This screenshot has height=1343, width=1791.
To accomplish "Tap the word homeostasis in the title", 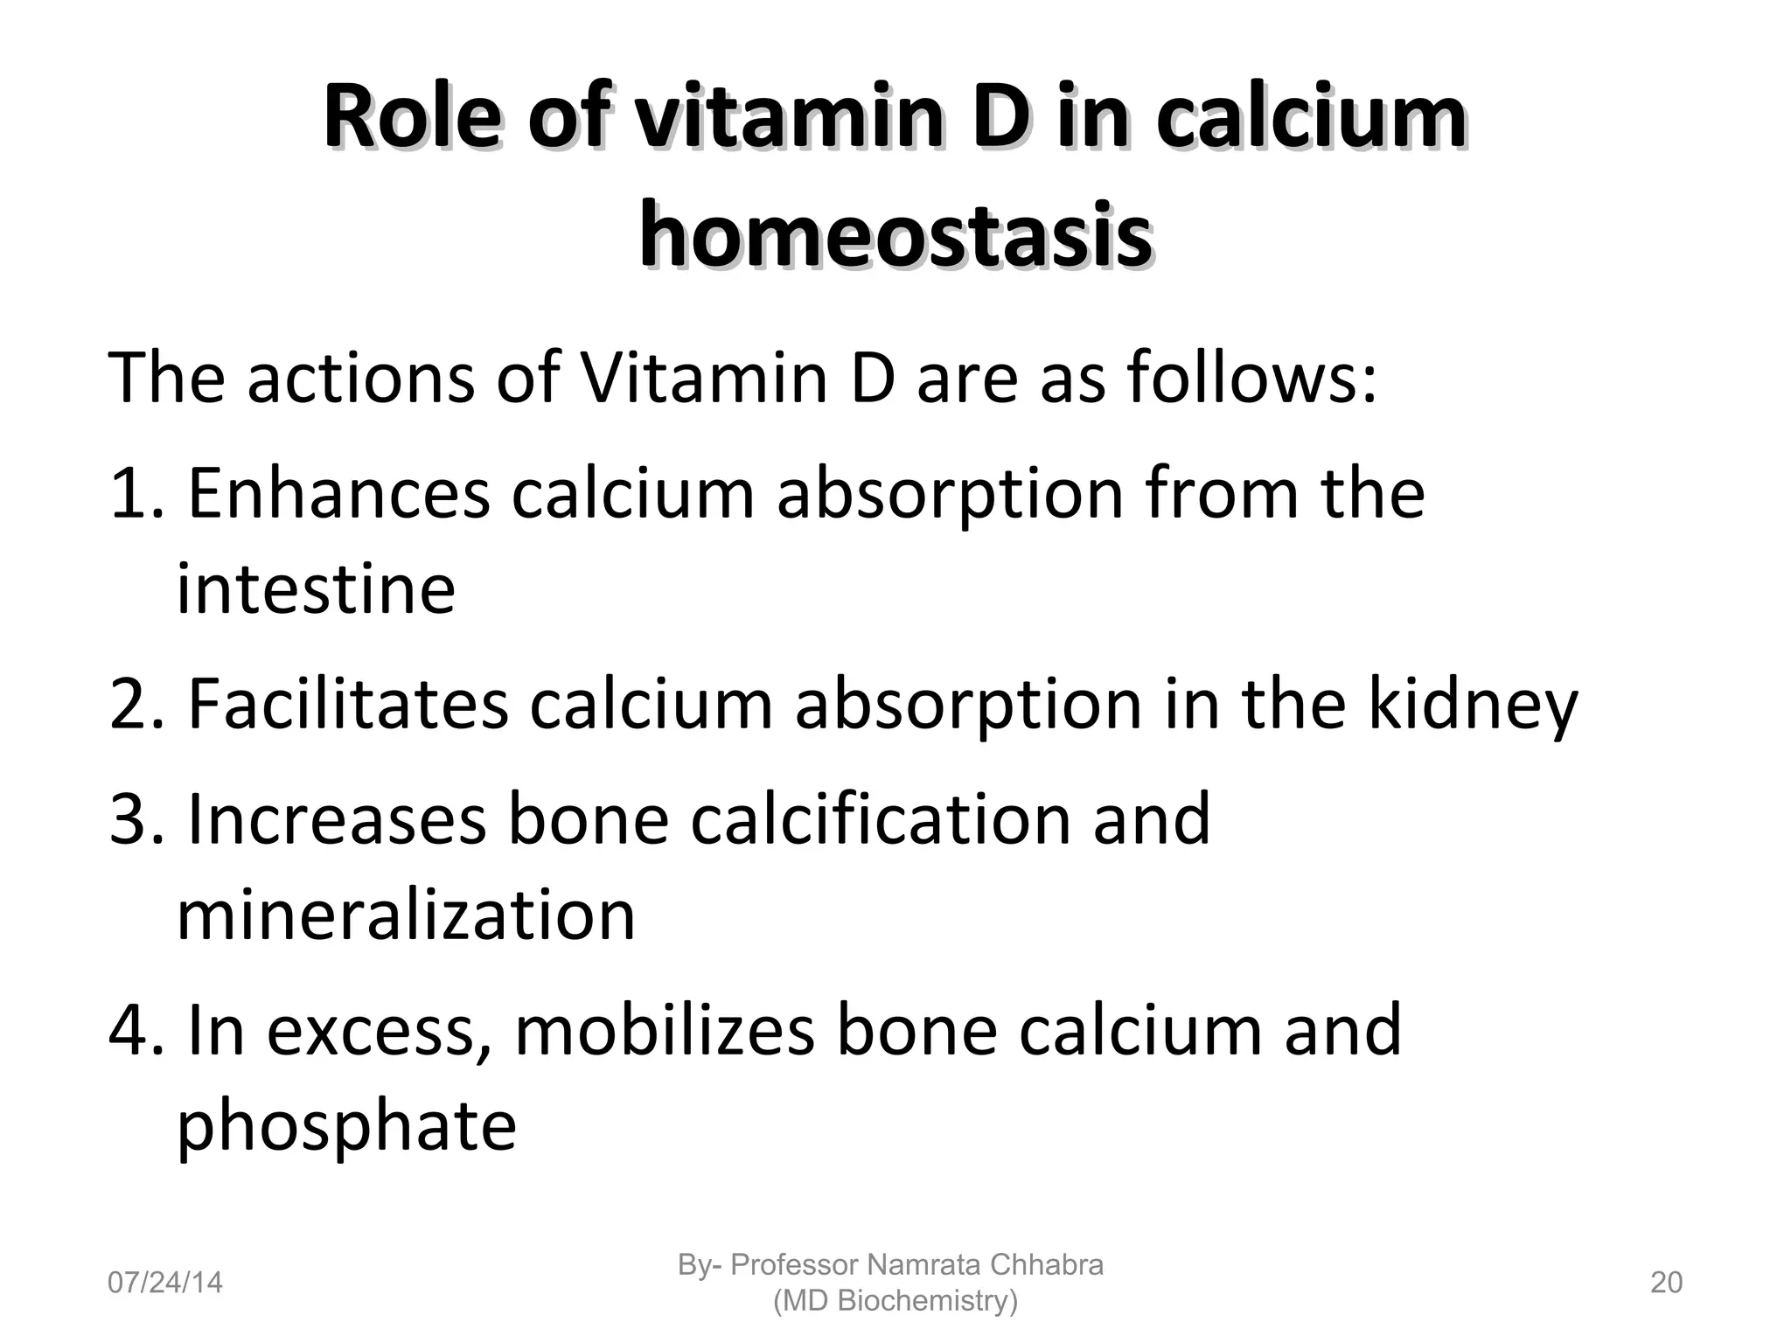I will point(895,234).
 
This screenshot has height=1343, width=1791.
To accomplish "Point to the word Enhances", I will point(338,493).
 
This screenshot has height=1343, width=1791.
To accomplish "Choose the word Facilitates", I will point(347,704).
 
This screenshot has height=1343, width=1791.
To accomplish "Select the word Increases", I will point(336,819).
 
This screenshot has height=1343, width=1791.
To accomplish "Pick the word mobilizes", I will point(665,1030).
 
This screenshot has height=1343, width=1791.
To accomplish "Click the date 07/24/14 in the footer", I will point(164,1283).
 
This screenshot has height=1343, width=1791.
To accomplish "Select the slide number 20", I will point(1666,1283).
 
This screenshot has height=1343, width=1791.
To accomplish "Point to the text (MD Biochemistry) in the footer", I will point(895,1301).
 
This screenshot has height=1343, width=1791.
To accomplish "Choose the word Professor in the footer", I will point(794,1264).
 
